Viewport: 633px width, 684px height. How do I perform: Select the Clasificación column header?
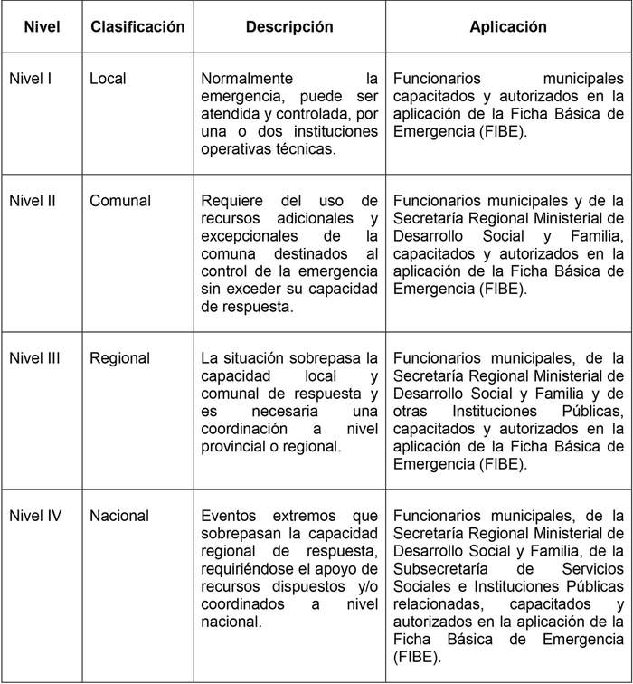[137, 27]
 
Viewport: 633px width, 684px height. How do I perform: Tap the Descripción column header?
[289, 27]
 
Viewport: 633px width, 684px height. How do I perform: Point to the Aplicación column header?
[508, 27]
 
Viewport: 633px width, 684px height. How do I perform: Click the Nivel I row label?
[30, 79]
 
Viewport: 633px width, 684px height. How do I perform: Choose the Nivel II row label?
[32, 201]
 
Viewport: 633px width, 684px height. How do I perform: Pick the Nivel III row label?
[34, 358]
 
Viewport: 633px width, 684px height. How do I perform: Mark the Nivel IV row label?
[34, 516]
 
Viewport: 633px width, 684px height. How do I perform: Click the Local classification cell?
[108, 79]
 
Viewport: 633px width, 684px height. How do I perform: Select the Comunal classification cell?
[120, 201]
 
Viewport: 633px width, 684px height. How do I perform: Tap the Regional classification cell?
[119, 358]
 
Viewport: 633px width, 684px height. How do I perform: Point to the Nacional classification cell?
[119, 516]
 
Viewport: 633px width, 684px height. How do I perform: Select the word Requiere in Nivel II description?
[230, 201]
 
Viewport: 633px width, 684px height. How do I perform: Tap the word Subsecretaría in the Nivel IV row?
[440, 568]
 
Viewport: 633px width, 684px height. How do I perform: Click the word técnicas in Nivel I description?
[305, 149]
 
